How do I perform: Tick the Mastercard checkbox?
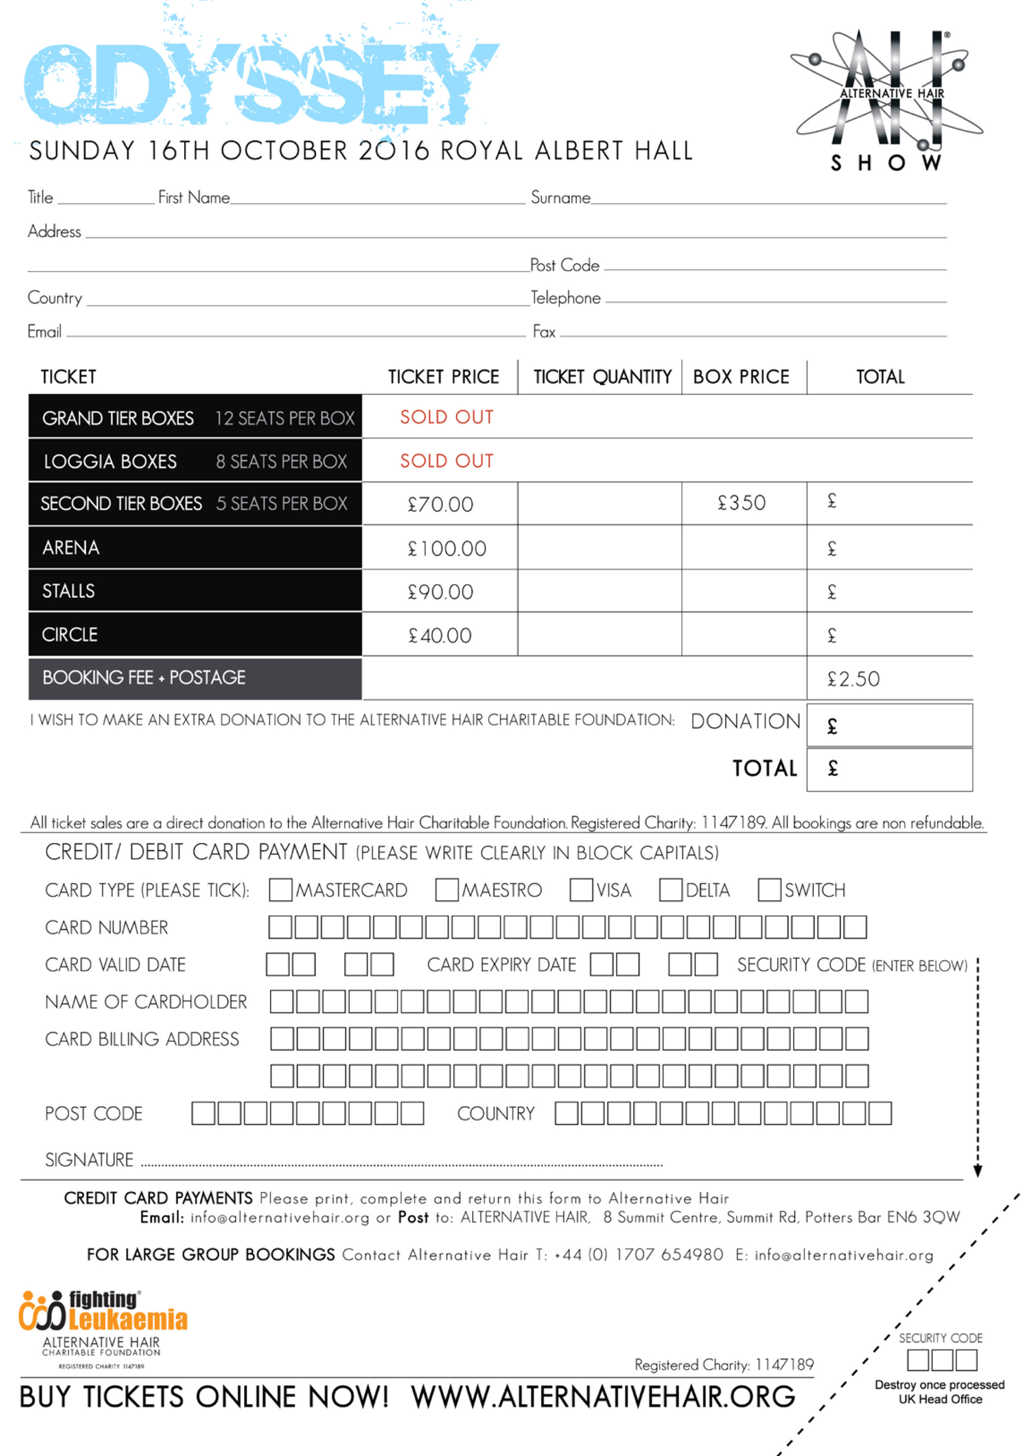click(280, 890)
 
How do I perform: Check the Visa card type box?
click(581, 890)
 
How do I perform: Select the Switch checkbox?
click(769, 890)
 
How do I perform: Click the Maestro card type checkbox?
click(446, 890)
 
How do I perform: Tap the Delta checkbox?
click(670, 890)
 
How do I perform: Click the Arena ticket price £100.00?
click(446, 548)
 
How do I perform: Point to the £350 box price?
click(741, 503)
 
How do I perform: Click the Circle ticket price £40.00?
click(440, 636)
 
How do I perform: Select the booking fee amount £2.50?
click(854, 679)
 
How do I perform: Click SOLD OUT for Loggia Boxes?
click(446, 461)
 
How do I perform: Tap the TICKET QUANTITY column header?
click(602, 377)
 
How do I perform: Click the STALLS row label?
click(69, 591)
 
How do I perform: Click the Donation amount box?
click(889, 726)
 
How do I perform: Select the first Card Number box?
click(280, 927)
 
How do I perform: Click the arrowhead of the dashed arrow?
click(978, 1171)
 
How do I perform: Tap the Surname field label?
click(560, 198)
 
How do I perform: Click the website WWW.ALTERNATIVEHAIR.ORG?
click(602, 1397)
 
